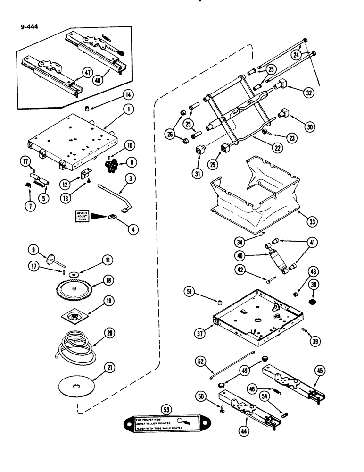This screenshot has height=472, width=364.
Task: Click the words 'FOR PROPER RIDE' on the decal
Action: click(150, 419)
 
